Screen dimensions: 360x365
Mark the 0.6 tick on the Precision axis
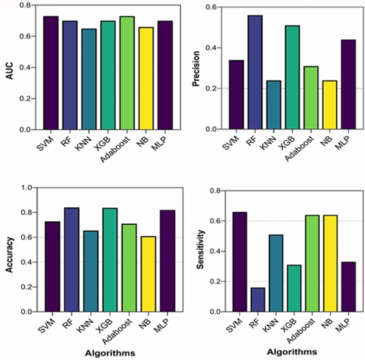click(x=212, y=7)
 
